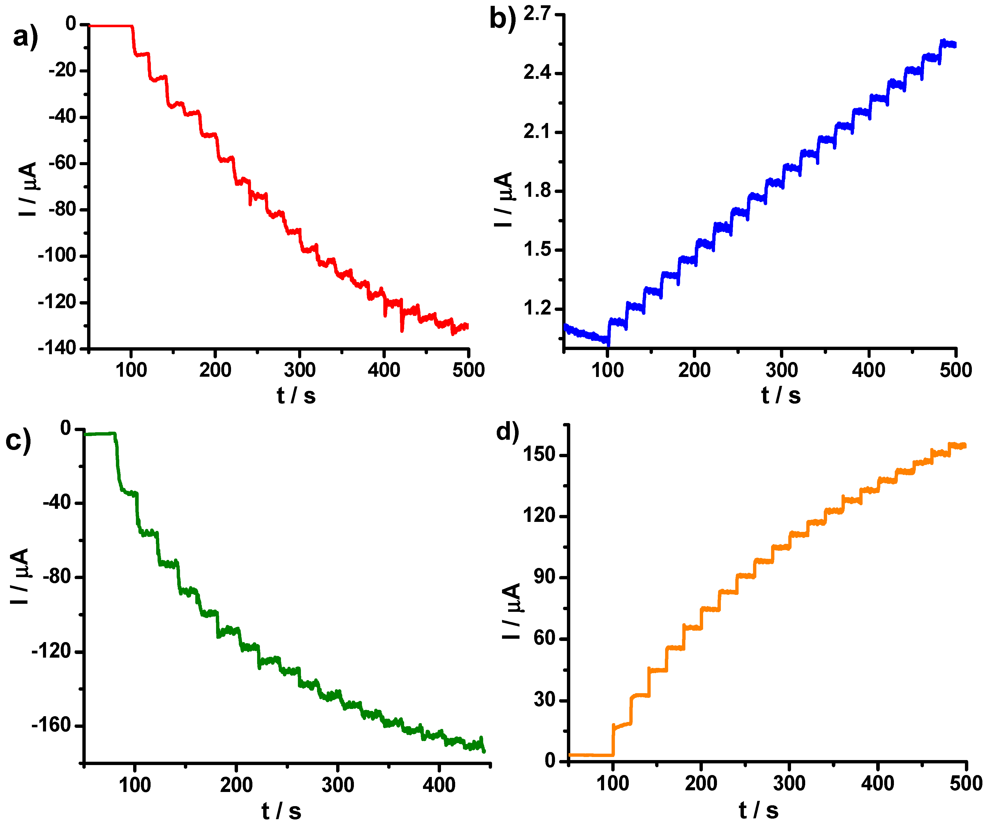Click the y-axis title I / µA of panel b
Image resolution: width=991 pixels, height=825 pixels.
point(504,199)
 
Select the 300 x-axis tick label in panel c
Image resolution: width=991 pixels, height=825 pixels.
point(338,784)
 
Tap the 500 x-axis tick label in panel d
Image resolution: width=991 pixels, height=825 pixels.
point(965,783)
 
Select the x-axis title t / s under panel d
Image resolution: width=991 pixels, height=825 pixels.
point(758,810)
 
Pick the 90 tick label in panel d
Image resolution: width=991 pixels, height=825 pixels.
point(544,577)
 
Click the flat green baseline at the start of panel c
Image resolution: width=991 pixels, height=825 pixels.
point(99,434)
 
